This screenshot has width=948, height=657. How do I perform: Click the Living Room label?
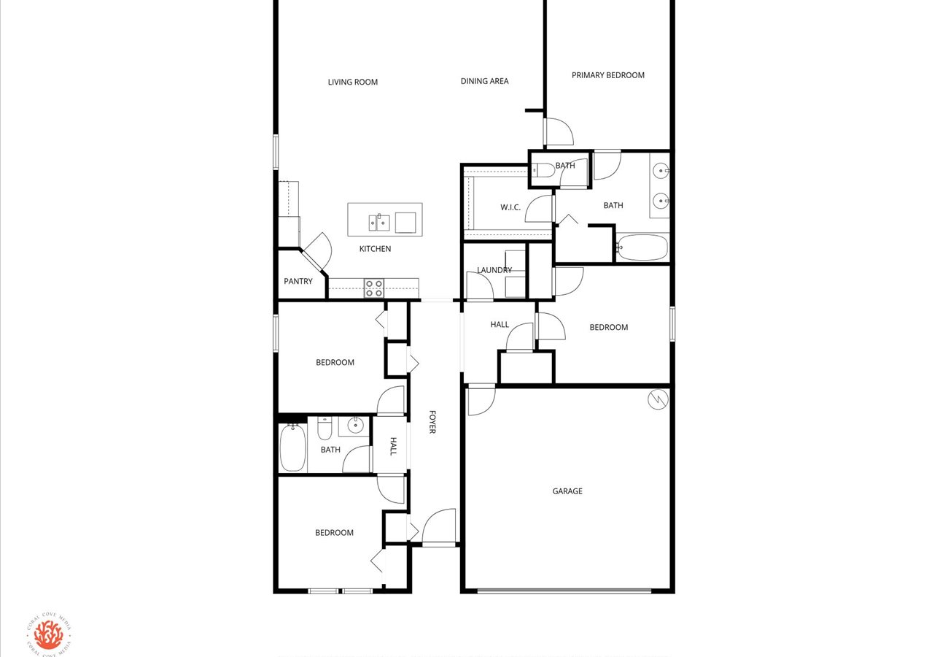tap(352, 82)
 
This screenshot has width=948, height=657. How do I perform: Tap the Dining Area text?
tap(484, 81)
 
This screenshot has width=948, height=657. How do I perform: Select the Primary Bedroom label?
tap(607, 75)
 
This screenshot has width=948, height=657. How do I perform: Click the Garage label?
tap(567, 491)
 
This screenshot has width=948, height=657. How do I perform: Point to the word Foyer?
tap(432, 422)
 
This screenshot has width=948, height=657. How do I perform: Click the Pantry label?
tap(298, 281)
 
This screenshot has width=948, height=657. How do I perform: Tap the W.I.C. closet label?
tap(510, 207)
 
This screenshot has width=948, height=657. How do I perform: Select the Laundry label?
tap(494, 270)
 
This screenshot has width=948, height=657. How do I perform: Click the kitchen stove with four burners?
tap(373, 288)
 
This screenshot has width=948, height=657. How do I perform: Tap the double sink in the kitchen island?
tap(379, 222)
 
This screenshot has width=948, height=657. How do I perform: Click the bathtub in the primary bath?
tap(642, 247)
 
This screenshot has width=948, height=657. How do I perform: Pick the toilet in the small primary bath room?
tap(543, 170)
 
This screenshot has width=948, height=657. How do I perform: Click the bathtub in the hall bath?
tap(292, 447)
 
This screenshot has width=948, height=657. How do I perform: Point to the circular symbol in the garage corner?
tap(658, 399)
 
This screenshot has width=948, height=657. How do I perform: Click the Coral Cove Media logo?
tap(49, 634)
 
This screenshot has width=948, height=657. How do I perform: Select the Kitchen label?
tap(375, 249)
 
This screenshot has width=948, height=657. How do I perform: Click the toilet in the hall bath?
tap(325, 429)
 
